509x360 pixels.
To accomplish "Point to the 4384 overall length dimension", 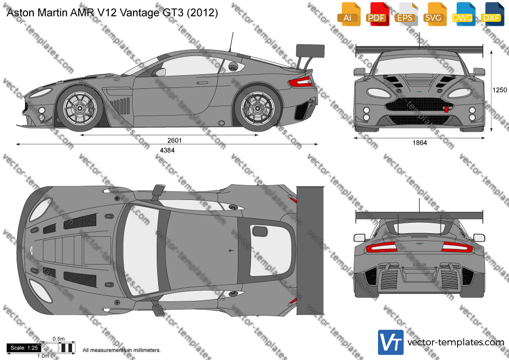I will (168, 150).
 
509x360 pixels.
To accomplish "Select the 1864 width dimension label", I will (420, 143).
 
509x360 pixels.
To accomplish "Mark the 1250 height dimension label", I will (499, 90).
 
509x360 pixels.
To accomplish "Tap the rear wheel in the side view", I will (257, 109).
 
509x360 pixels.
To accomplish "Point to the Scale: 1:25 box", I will (23, 348).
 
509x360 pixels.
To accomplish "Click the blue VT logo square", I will (391, 342).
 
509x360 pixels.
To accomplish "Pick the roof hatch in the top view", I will (259, 231).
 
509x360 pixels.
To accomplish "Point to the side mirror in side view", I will (160, 72).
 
